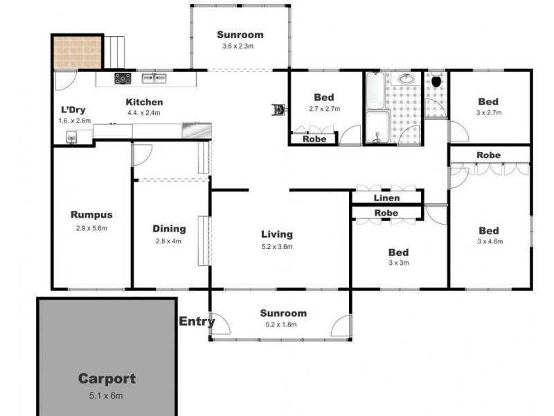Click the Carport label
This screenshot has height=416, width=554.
(x=106, y=379)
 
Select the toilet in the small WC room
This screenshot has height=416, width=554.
(x=436, y=80)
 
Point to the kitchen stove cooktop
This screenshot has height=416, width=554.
(x=124, y=78)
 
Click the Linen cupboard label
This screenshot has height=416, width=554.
(x=386, y=198)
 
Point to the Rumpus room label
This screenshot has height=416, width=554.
(x=91, y=214)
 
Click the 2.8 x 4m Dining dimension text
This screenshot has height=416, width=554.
(x=170, y=241)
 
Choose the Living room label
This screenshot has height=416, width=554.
(x=276, y=234)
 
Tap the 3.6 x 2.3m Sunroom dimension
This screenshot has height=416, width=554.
(x=240, y=46)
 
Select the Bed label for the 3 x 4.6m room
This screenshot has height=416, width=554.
(x=489, y=230)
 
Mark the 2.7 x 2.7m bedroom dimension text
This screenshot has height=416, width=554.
(x=325, y=109)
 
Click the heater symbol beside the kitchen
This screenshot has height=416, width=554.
(x=279, y=109)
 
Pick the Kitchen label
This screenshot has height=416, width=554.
(x=144, y=102)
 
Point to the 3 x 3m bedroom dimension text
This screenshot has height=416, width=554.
(x=398, y=263)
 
